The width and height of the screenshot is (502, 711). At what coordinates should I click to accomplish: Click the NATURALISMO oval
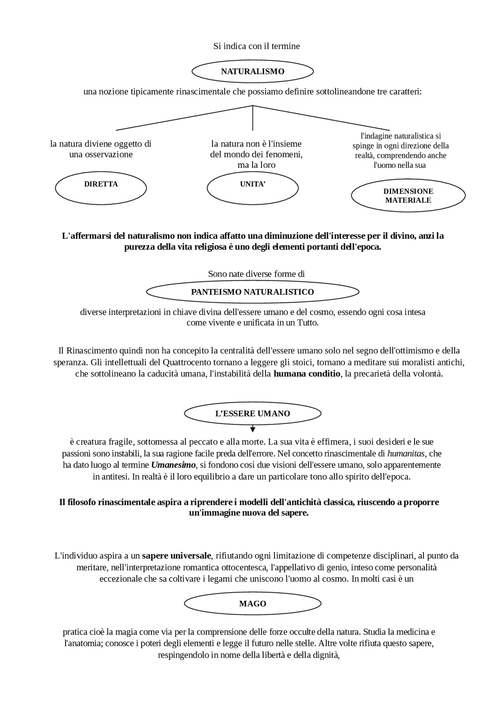coord(252,71)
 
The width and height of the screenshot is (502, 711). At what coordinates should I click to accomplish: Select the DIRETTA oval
coord(101,188)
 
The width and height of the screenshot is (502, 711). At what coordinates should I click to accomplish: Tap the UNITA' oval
coord(252,188)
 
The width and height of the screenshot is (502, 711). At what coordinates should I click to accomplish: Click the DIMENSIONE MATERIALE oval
coord(408,196)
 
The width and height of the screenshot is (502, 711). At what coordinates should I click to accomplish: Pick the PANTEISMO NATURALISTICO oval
coord(252,292)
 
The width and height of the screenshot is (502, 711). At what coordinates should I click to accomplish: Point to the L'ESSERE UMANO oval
coord(252,413)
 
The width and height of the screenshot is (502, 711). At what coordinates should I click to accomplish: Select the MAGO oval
coord(252,603)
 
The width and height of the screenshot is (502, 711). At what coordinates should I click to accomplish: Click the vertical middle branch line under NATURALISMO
coord(253,118)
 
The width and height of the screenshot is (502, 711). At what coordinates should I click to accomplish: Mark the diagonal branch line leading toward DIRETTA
coord(184,118)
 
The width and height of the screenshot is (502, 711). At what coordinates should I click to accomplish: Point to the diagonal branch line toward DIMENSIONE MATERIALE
coord(322,118)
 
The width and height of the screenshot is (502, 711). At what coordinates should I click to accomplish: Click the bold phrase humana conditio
coord(307,373)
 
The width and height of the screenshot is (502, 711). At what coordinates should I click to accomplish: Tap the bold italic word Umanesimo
coord(173,465)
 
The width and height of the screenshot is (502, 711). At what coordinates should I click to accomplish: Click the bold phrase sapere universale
coord(176,556)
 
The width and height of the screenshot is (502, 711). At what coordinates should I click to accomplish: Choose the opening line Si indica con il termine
coord(256,46)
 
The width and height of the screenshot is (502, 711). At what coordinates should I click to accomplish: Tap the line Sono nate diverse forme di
coord(256,274)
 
